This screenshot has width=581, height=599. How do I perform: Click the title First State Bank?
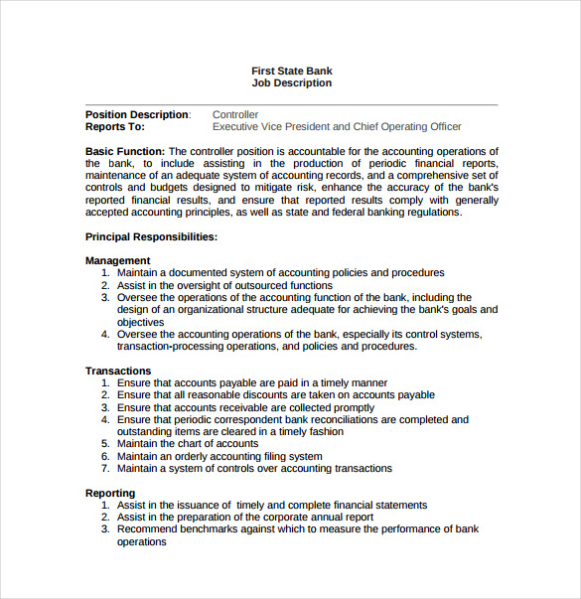coord(292,71)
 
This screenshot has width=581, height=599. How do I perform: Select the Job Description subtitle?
coord(292,83)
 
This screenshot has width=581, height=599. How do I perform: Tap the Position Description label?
coord(137,115)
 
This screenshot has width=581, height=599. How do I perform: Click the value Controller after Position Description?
coord(235,115)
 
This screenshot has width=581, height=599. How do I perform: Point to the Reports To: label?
coord(115,127)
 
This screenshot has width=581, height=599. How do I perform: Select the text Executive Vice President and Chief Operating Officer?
coord(337,127)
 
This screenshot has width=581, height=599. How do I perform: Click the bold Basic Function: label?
coord(126,151)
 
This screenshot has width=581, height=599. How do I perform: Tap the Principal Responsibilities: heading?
coord(151,237)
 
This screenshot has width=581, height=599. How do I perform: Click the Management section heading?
coord(118,261)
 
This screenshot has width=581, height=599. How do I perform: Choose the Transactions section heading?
coord(118,371)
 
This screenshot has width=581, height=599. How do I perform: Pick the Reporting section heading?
coord(110,493)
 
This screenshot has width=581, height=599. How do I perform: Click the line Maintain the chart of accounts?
coord(188,444)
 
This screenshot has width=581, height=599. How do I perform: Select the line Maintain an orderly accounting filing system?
coord(219,456)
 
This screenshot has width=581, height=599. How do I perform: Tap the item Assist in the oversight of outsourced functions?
coord(224,285)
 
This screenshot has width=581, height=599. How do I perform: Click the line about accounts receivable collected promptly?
coord(245,407)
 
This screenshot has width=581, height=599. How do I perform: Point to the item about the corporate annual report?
coord(245,517)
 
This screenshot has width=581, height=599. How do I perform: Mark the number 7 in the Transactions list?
coord(105,469)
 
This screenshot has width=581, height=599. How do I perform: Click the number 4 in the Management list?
coord(105,335)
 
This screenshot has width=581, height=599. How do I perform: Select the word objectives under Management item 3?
coord(140,322)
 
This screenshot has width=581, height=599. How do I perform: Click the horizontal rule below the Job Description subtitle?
coord(292,104)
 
